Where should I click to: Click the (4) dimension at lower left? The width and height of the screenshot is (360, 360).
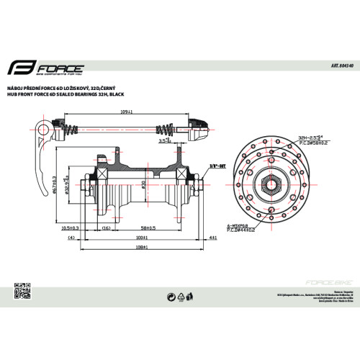point(71,237)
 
